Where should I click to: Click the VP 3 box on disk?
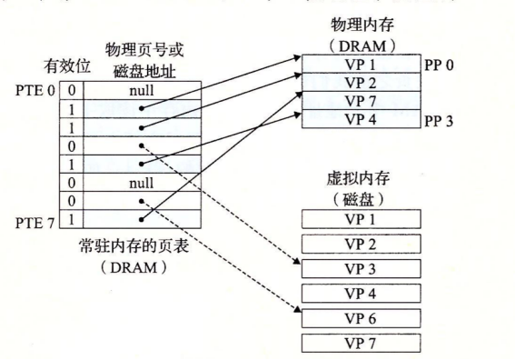pyautogui.click(x=360, y=268)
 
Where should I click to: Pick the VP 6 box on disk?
pyautogui.click(x=360, y=317)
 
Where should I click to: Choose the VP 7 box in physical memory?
pyautogui.click(x=360, y=102)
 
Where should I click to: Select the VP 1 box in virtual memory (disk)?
pyautogui.click(x=360, y=219)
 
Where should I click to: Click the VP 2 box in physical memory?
pyautogui.click(x=360, y=84)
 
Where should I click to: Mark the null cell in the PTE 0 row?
pyautogui.click(x=140, y=91)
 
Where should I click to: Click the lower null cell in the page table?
pyautogui.click(x=140, y=183)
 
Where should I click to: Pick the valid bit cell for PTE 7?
pyautogui.click(x=73, y=220)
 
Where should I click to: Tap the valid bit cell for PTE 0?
pyautogui.click(x=73, y=91)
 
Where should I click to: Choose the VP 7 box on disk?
pyautogui.click(x=360, y=342)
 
